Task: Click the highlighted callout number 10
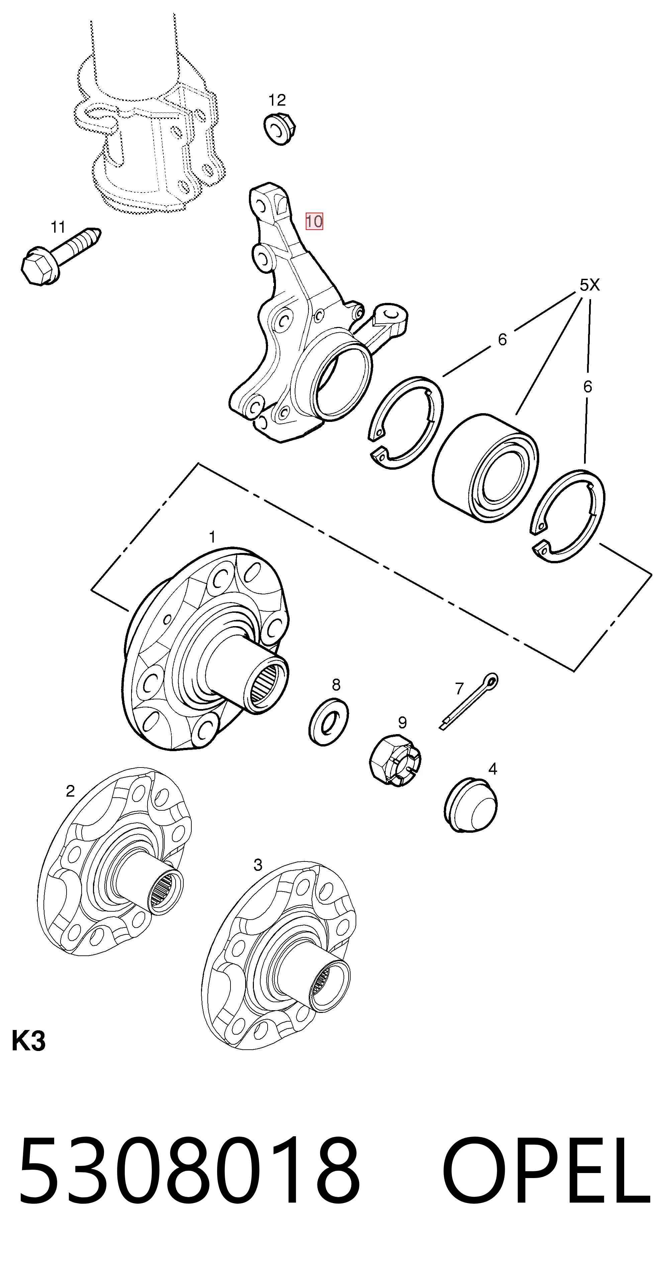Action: tap(314, 221)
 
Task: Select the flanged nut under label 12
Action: tap(280, 129)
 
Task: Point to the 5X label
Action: tap(590, 285)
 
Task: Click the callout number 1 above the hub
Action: tap(212, 537)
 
